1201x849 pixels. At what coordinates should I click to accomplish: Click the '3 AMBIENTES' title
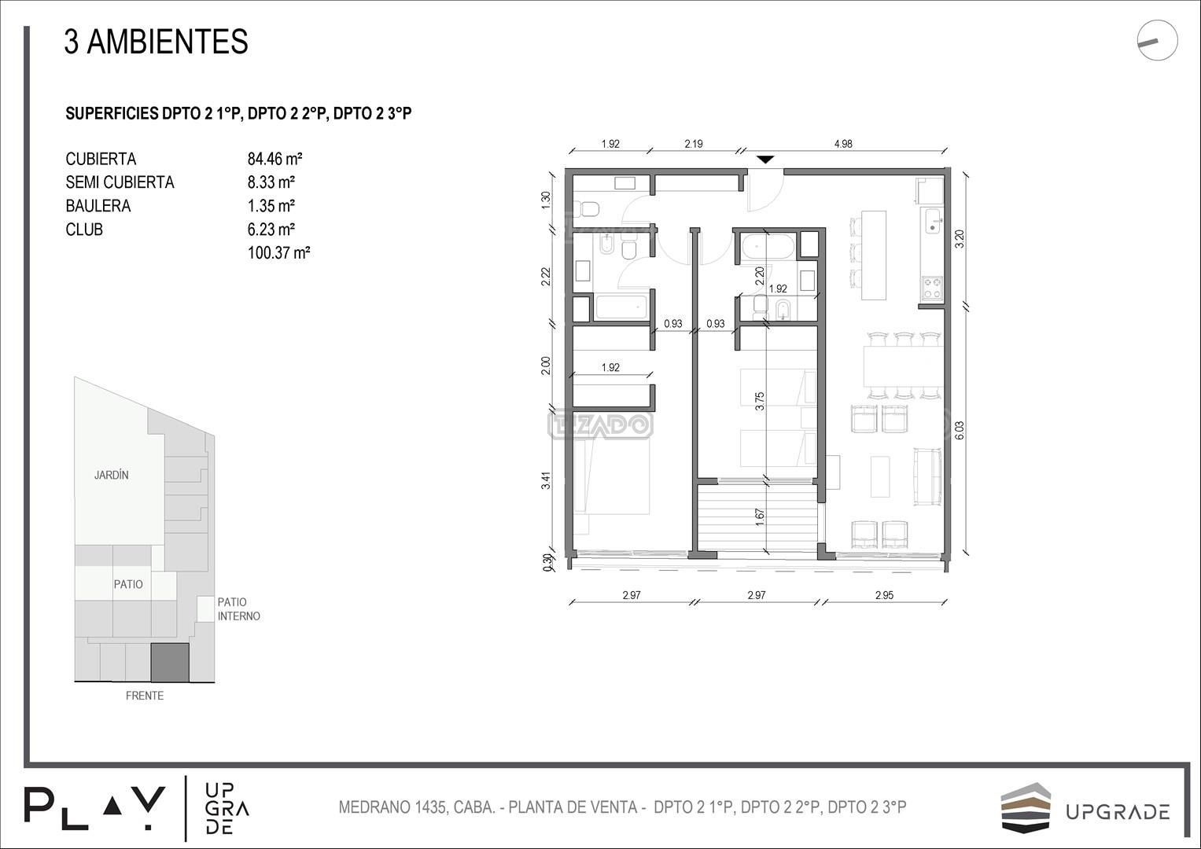pos(156,42)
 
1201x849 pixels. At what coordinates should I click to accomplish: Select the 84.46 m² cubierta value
pos(275,159)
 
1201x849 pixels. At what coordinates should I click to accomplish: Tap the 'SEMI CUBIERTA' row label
pos(120,182)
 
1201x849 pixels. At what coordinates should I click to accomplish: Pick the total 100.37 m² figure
pos(278,252)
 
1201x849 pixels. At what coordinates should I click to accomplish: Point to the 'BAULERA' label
pos(98,206)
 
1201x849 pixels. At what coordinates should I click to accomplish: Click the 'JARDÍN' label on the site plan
pos(112,475)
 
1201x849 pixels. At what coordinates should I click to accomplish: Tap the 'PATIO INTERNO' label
pos(238,609)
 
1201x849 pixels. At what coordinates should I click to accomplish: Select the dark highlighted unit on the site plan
pos(169,663)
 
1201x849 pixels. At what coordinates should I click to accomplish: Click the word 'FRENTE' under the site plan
pos(145,696)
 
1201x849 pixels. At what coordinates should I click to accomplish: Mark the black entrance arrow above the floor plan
pos(765,159)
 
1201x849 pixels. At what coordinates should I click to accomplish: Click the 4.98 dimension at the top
pos(843,144)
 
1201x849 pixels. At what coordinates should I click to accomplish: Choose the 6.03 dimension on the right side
pos(960,431)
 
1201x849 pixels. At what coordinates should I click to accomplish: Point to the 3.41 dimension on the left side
pos(546,480)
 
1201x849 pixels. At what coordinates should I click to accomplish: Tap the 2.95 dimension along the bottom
pos(884,595)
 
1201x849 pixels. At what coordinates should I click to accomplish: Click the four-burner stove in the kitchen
pos(932,287)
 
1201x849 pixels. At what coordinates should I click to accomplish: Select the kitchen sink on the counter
pos(933,221)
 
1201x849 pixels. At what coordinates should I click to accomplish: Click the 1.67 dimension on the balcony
pos(759,516)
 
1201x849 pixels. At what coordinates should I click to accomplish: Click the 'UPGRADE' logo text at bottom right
pos(1118,813)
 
